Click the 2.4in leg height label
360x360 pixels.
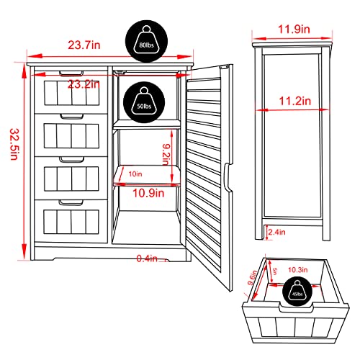pos(276,232)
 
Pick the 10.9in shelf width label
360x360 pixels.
pos(148,193)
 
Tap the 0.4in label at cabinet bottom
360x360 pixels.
pos(149,258)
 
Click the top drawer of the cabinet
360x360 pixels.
pos(69,92)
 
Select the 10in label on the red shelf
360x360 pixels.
pos(135,174)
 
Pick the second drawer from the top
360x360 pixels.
pos(69,134)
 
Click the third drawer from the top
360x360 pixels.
pos(69,177)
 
